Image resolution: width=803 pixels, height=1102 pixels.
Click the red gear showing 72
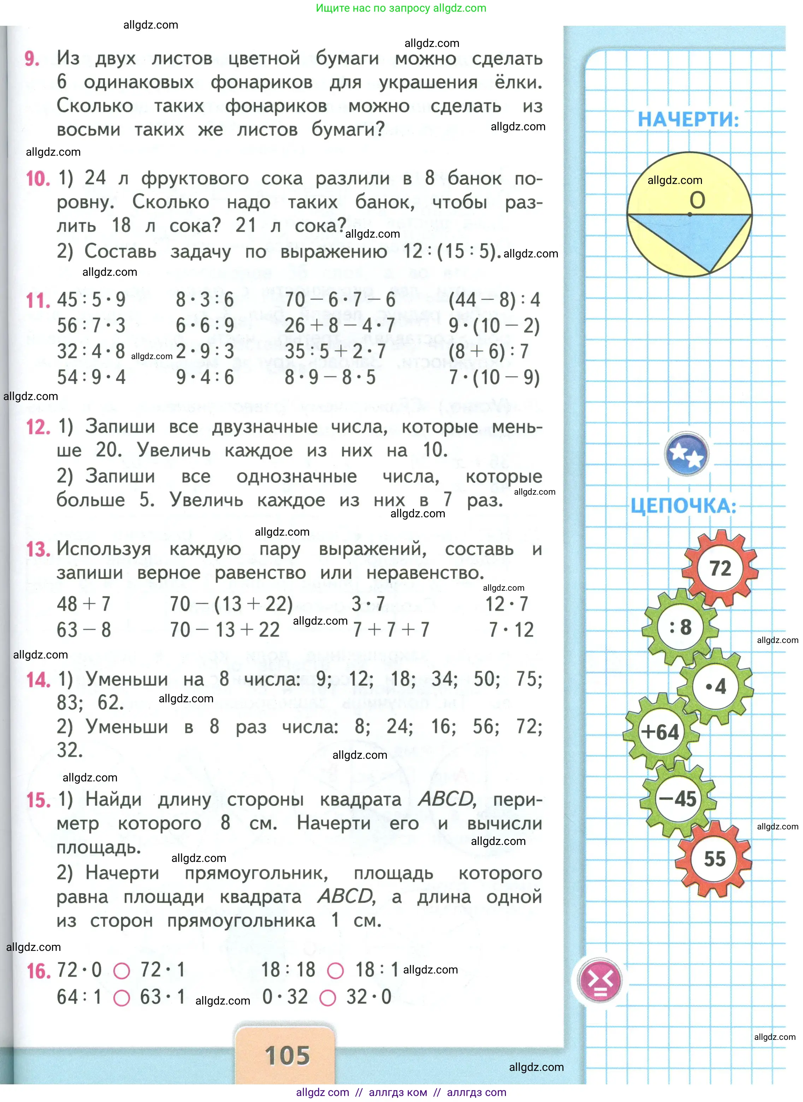tap(720, 568)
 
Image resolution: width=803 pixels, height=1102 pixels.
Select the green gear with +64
tap(660, 732)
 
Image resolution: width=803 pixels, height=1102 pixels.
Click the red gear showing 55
tap(714, 859)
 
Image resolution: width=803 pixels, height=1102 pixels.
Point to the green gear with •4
tap(715, 686)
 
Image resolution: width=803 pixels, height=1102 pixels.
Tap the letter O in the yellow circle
tap(697, 200)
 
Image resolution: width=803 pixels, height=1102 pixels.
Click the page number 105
tap(287, 1055)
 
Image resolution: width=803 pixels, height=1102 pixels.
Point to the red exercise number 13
tap(38, 549)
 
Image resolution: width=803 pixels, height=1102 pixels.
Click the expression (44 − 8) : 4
tap(494, 300)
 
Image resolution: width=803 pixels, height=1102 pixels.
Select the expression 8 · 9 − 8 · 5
tap(330, 377)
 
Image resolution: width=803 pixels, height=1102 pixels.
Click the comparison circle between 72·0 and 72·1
tap(122, 971)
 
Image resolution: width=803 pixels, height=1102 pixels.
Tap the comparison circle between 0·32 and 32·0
tap(327, 999)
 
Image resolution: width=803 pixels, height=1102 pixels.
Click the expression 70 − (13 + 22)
tap(231, 604)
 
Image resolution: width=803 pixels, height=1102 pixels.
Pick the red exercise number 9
tap(32, 59)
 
